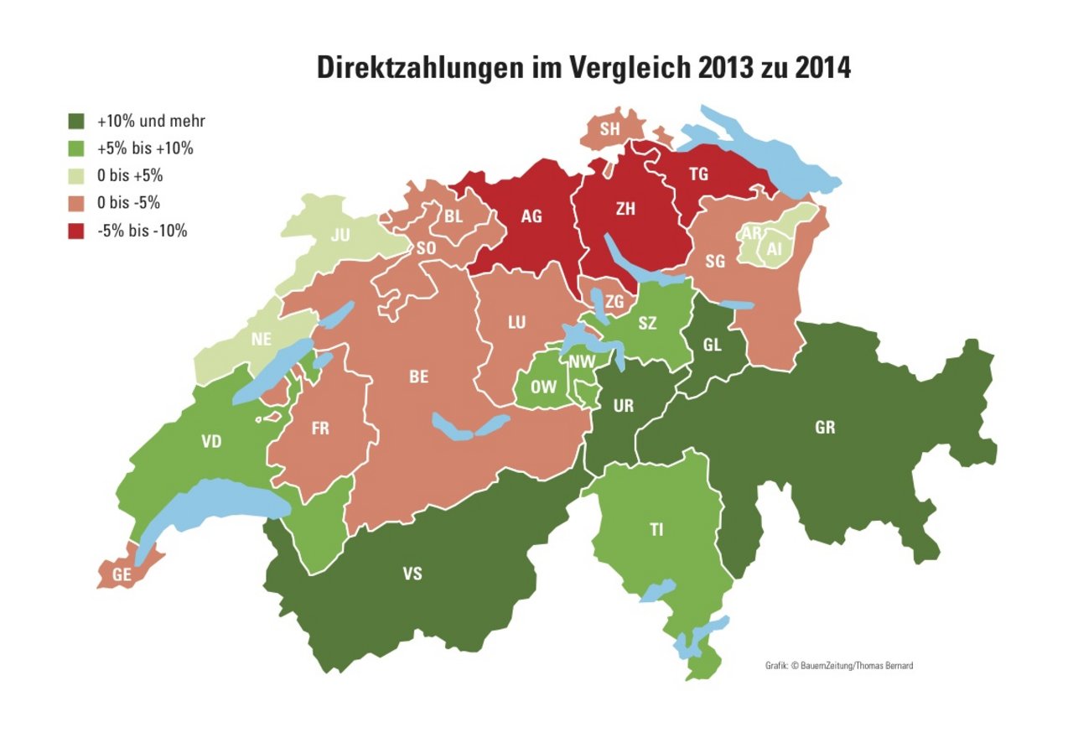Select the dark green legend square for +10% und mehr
(x=76, y=121)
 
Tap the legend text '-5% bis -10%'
(x=142, y=231)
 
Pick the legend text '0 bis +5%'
(x=130, y=176)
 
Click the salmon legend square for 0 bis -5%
(x=76, y=204)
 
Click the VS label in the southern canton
(x=412, y=574)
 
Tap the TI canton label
(x=657, y=529)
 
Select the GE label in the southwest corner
(x=122, y=575)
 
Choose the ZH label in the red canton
(x=625, y=210)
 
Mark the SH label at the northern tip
(x=609, y=128)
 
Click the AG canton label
(x=531, y=216)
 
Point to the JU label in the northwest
(x=340, y=236)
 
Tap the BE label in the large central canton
(x=418, y=377)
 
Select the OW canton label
(x=543, y=387)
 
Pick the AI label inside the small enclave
(x=774, y=248)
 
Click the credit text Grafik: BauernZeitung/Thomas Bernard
(x=839, y=665)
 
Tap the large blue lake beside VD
(x=210, y=507)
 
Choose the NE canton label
(x=262, y=340)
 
